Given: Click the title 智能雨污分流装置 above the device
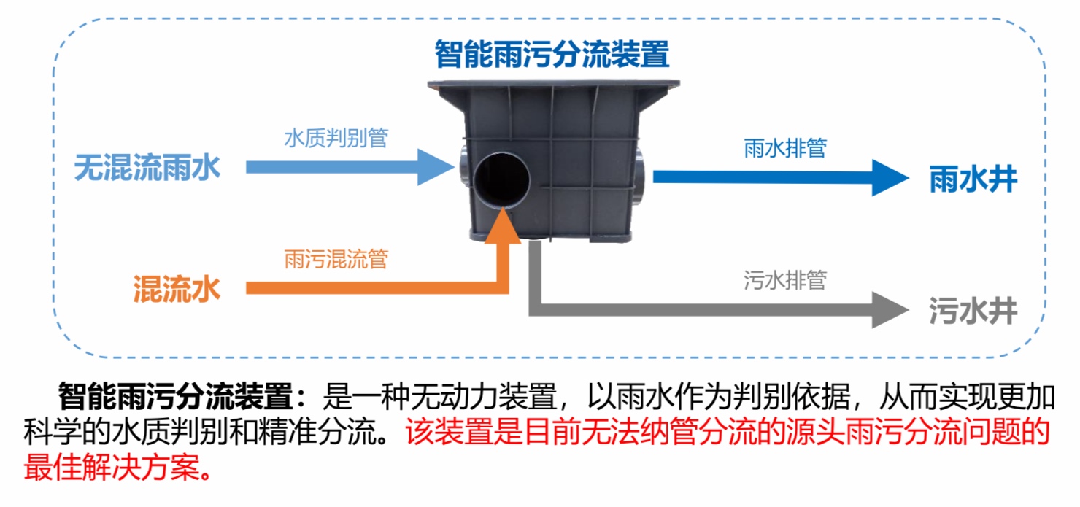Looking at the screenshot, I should (552, 54).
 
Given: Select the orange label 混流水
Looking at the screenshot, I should (176, 290).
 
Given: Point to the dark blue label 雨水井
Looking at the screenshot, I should (973, 179).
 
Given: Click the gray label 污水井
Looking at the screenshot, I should (973, 311).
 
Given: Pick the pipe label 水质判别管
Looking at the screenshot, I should (336, 139).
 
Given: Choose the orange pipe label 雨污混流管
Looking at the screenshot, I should (336, 260).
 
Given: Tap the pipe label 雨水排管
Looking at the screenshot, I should (784, 148).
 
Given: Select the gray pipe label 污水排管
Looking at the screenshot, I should (784, 281).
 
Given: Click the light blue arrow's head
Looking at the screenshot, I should (431, 167).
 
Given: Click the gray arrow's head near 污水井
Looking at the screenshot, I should (891, 309).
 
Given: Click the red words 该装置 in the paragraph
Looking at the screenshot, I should (441, 433).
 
